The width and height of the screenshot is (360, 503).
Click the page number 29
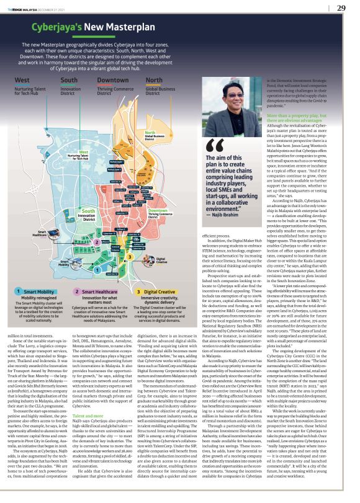click(341, 7)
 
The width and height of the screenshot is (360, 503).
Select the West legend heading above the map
click(22, 80)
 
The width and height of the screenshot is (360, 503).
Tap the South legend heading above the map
click(69, 80)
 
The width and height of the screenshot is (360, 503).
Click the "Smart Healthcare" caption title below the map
click(102, 290)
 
